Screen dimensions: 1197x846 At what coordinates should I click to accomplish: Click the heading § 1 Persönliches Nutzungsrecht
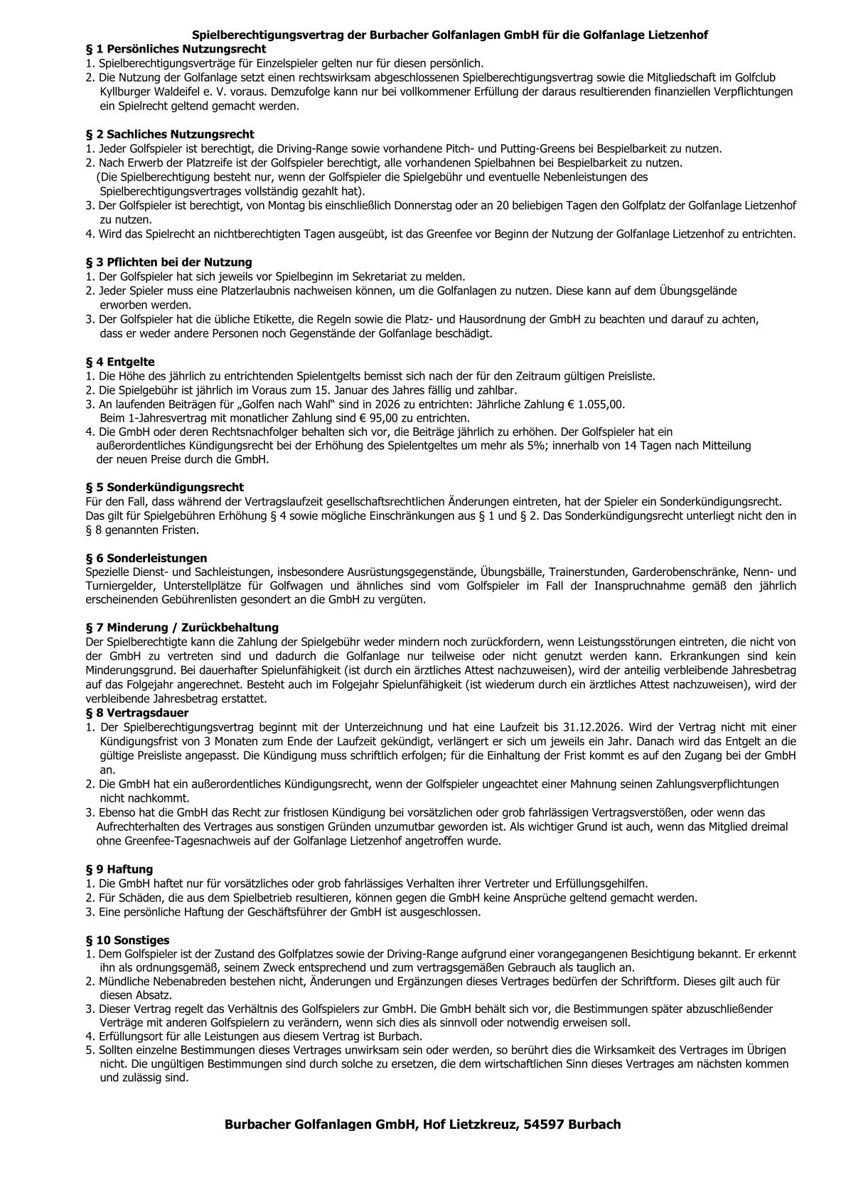click(x=176, y=49)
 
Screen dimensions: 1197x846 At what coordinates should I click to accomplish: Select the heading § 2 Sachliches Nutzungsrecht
click(x=169, y=134)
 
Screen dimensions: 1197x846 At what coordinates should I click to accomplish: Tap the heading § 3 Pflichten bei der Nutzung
click(x=168, y=262)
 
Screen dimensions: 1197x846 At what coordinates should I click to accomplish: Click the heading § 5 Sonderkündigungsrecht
click(x=164, y=487)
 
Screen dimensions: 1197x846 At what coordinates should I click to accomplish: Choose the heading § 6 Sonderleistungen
click(x=146, y=558)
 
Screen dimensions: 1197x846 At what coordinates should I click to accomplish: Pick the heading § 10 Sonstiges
click(x=127, y=940)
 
